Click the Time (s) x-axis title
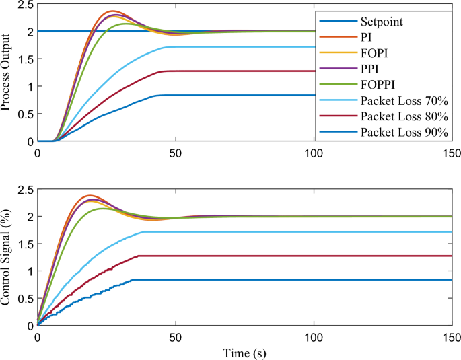pyautogui.click(x=244, y=351)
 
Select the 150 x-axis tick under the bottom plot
pyautogui.click(x=452, y=336)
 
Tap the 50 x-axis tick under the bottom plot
pyautogui.click(x=176, y=336)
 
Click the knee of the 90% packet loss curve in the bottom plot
pyautogui.click(x=133, y=279)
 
